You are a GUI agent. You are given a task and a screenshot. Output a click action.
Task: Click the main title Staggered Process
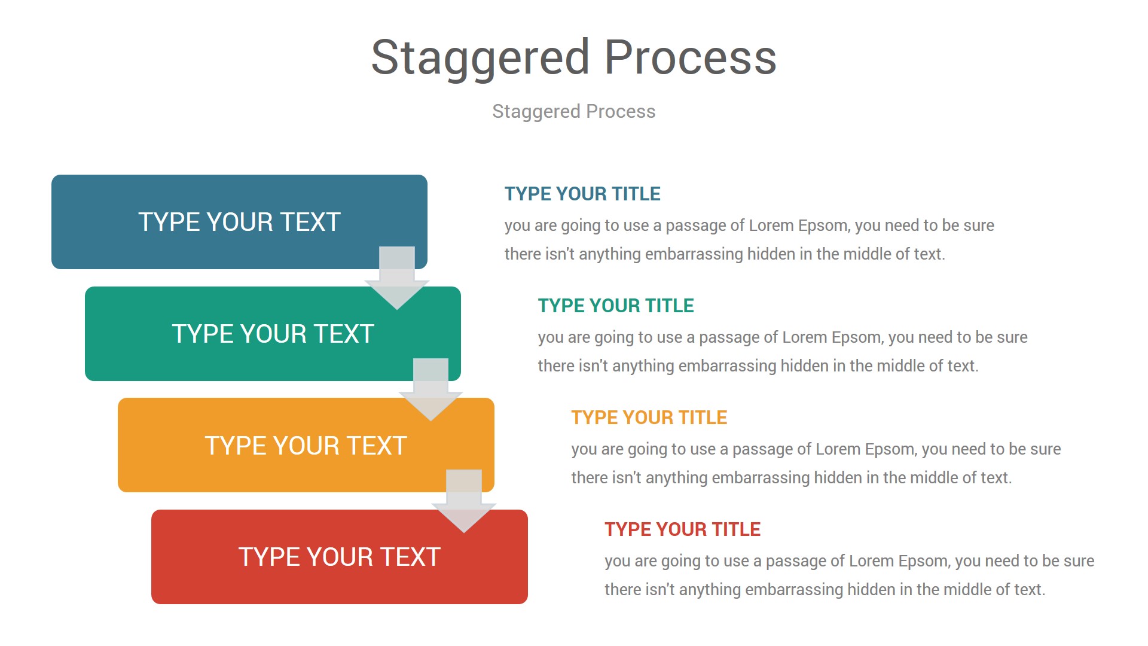click(x=574, y=58)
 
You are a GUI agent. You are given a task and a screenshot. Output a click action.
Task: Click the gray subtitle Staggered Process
click(x=574, y=111)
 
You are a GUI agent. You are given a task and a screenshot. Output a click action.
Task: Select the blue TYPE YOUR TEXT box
click(x=239, y=222)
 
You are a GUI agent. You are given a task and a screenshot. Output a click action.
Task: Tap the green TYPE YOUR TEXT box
click(x=273, y=334)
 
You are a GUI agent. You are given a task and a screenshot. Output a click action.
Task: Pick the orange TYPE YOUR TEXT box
click(x=306, y=445)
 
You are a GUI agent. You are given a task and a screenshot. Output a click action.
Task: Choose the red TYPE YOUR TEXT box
click(x=340, y=557)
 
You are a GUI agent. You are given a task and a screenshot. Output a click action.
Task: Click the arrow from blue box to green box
click(x=397, y=278)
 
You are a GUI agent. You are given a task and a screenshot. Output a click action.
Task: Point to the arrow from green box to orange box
click(x=430, y=389)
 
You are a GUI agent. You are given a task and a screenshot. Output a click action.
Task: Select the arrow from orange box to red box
click(x=464, y=501)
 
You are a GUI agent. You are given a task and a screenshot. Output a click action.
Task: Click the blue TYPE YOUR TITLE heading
click(x=582, y=194)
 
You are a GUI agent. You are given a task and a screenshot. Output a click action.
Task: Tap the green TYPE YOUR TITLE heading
click(x=616, y=306)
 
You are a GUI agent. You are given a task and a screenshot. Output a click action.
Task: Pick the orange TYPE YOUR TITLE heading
click(x=649, y=418)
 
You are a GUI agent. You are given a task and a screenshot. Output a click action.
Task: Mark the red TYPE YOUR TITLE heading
click(x=683, y=529)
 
